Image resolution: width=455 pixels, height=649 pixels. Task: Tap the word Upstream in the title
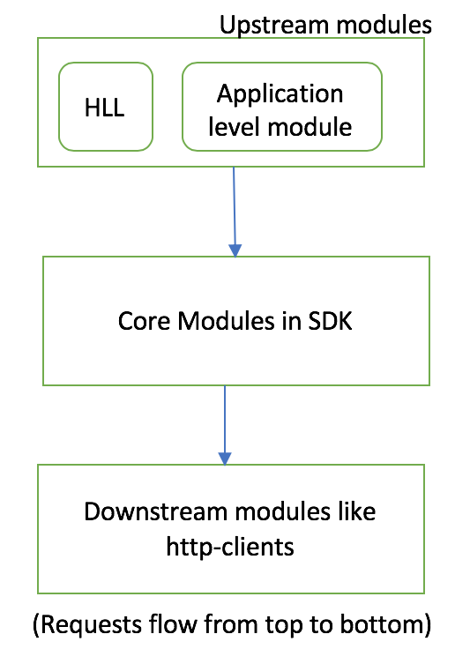click(x=274, y=26)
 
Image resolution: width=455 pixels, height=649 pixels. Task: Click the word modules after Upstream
click(x=384, y=25)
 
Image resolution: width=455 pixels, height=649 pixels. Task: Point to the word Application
click(x=280, y=95)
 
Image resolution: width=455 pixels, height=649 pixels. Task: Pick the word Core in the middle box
click(x=144, y=321)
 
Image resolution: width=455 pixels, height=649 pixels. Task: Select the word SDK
click(x=330, y=321)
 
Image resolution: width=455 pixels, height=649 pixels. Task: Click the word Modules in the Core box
click(x=227, y=321)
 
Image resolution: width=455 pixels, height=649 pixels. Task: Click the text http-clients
click(x=230, y=548)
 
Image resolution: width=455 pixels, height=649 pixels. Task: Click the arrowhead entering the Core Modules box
click(x=235, y=250)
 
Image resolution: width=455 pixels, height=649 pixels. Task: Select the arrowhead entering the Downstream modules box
click(x=225, y=459)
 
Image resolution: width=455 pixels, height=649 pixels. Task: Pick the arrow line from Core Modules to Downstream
click(x=225, y=426)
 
